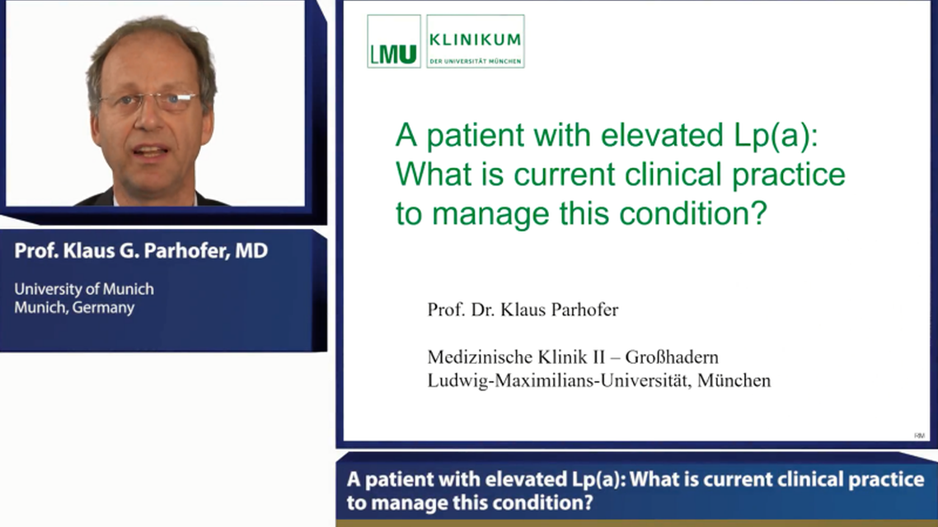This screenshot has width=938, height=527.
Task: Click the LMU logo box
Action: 394,41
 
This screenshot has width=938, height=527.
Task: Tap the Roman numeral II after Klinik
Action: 586,357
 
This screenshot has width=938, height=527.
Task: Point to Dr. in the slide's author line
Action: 485,310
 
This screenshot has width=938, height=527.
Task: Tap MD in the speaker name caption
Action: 251,252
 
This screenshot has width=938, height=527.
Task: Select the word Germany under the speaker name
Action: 102,307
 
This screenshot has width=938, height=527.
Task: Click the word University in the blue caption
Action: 49,289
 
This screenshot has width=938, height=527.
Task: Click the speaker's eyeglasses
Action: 148,102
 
